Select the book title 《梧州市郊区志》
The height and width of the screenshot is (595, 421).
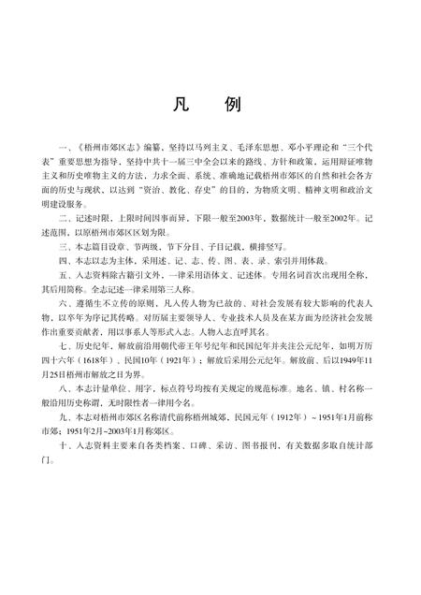[x=106, y=147]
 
